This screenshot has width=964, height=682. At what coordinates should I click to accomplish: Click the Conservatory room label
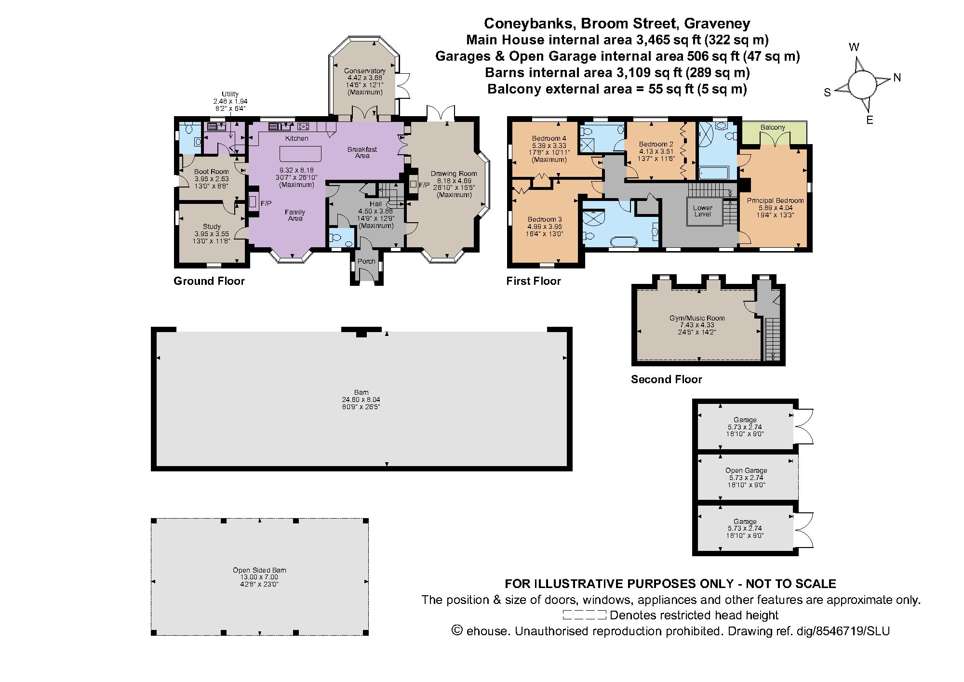[364, 71]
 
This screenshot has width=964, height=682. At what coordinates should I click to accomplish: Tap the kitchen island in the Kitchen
[301, 154]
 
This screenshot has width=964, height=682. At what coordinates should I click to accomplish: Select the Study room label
[212, 227]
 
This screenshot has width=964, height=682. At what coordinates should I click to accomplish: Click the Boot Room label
[211, 172]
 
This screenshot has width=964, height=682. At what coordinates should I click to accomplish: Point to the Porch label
[366, 262]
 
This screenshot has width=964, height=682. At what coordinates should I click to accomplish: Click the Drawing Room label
[454, 174]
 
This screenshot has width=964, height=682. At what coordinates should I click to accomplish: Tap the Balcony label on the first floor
[773, 127]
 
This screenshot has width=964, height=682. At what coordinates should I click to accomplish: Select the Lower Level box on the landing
[703, 211]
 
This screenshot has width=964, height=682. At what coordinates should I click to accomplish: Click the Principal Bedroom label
[775, 201]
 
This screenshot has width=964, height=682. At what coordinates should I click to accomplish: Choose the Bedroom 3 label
[545, 219]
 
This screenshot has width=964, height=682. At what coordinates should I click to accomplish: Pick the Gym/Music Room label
[697, 318]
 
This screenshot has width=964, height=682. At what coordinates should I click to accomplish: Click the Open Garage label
[746, 470]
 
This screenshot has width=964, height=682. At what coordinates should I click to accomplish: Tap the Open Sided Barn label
[259, 570]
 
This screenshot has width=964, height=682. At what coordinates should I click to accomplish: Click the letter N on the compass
[897, 78]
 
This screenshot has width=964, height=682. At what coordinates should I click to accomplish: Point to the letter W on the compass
[854, 47]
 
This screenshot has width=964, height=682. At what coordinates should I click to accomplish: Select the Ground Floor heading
[209, 281]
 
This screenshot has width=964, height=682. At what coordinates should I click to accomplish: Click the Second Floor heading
[666, 379]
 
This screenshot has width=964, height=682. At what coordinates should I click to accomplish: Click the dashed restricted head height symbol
[584, 615]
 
